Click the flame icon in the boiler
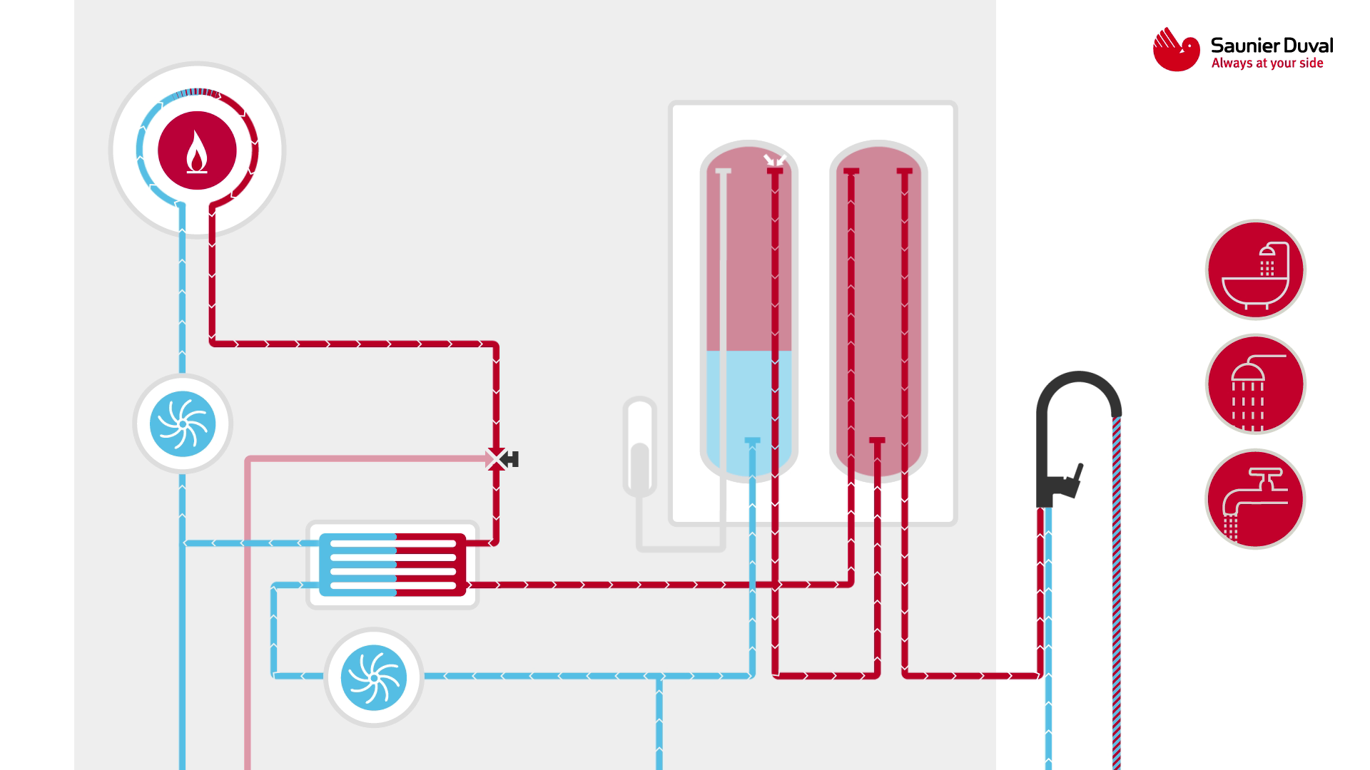197,152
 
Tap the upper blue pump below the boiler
183,423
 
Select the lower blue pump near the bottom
373,677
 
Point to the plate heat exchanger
392,564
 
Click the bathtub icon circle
1255,270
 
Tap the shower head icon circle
1255,385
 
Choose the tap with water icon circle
1255,499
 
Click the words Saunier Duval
1272,46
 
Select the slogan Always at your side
1267,63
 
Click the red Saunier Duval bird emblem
1176,49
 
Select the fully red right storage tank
878,307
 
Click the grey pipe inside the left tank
723,299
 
